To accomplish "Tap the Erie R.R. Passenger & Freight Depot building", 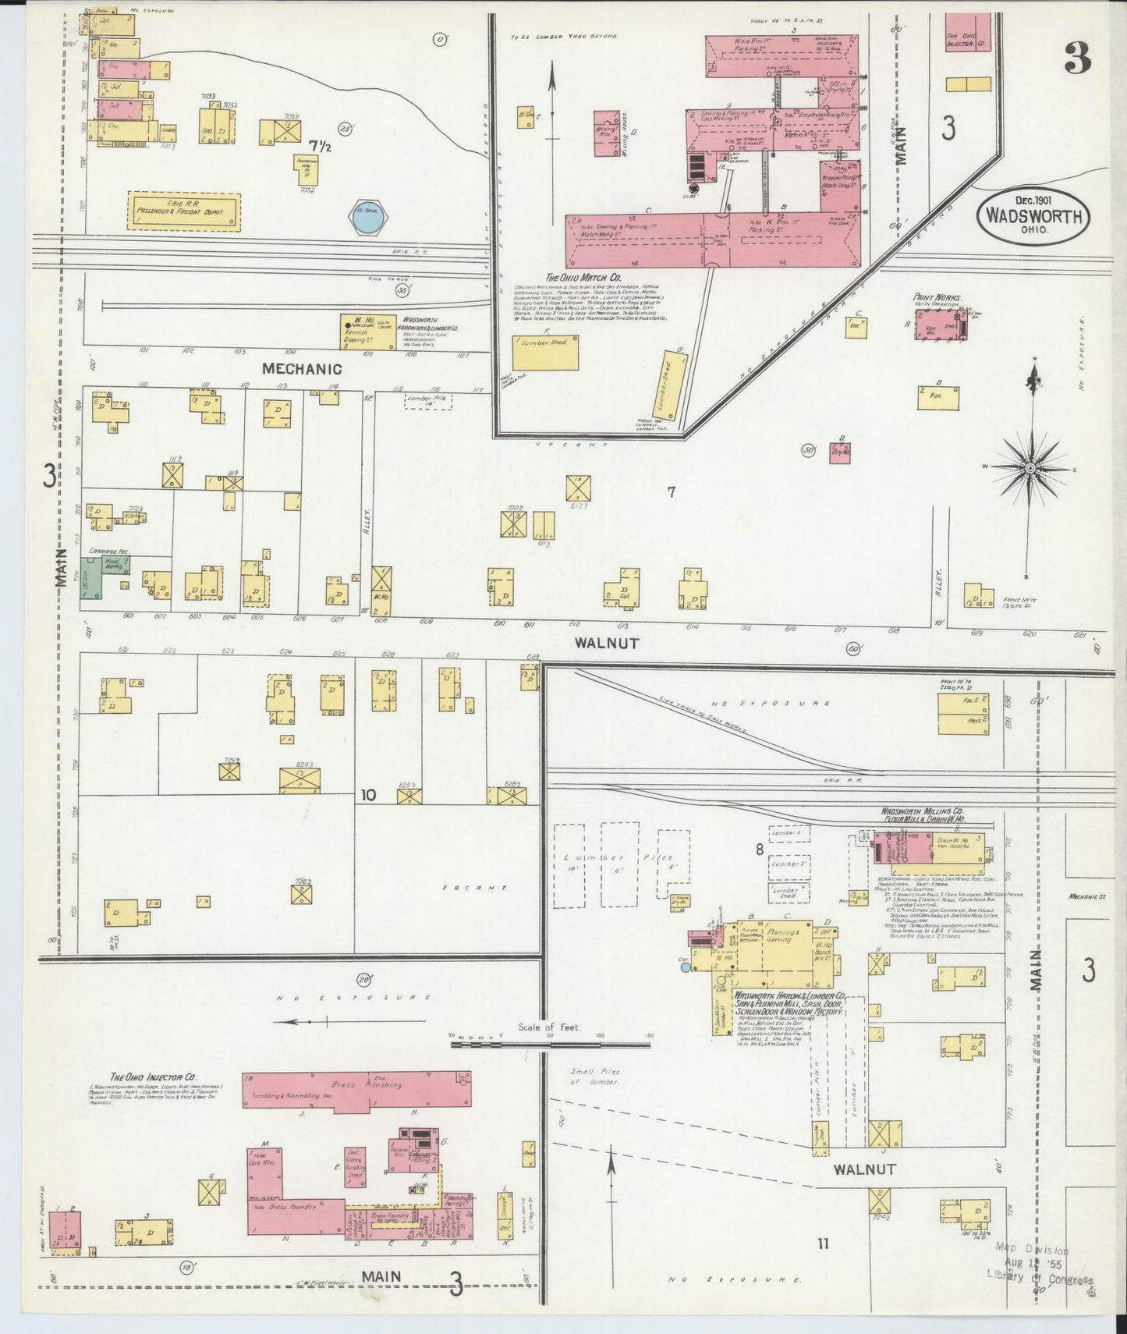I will (184, 212).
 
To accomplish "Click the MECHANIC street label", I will (302, 368).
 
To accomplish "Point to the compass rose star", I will (1030, 467).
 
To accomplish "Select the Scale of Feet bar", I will (550, 1041).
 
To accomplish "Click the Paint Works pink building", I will (940, 324).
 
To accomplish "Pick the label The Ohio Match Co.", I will (583, 277).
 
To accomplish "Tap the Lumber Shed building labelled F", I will (546, 353).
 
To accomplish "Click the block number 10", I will (368, 795).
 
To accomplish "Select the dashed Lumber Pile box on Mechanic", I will (428, 401).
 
